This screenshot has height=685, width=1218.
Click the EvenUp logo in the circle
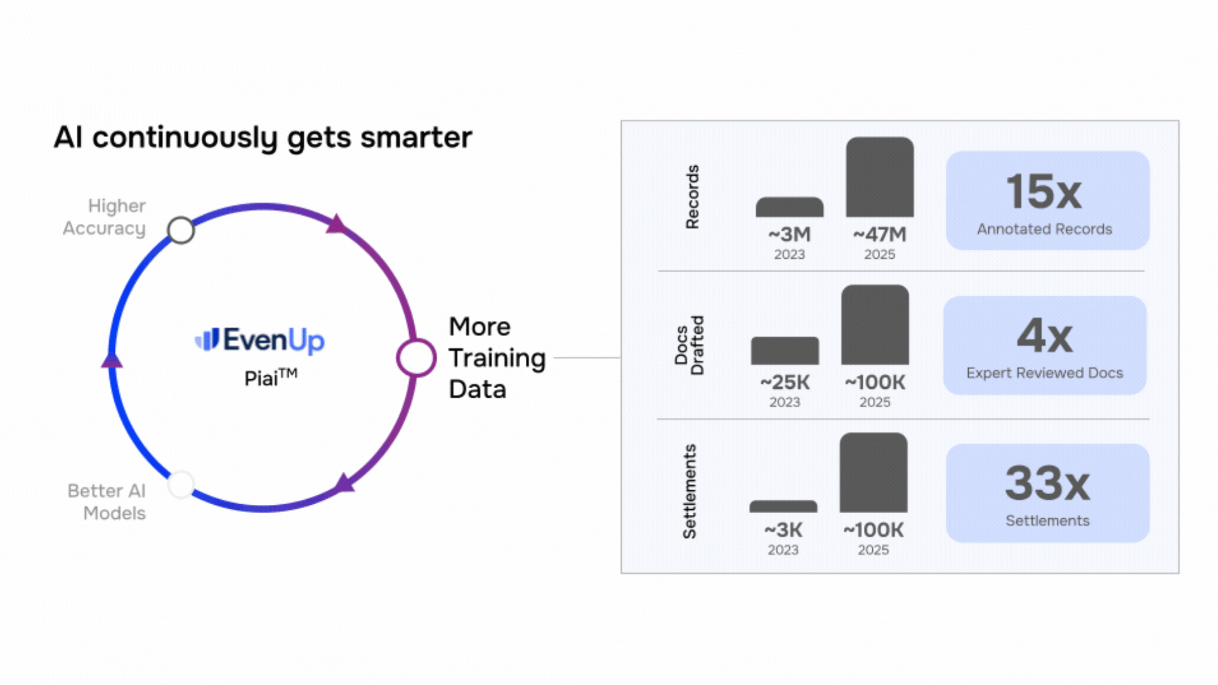click(259, 340)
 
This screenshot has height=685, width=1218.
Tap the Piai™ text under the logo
click(270, 377)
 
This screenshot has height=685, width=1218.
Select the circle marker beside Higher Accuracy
click(181, 230)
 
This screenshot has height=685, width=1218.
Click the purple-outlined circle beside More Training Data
click(416, 358)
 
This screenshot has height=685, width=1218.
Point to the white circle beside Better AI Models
click(181, 485)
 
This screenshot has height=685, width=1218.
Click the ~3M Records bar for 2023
click(789, 207)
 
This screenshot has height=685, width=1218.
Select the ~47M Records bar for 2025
click(880, 178)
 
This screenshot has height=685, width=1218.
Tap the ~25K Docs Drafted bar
click(785, 351)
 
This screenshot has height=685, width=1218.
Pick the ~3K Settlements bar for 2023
click(783, 506)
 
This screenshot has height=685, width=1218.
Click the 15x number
click(1044, 192)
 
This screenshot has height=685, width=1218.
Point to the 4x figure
click(1045, 336)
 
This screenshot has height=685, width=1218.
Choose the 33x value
click(1047, 483)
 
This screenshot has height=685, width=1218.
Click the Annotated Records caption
click(1044, 229)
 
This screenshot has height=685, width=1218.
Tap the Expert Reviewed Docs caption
click(1044, 373)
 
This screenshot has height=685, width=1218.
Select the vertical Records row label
click(692, 197)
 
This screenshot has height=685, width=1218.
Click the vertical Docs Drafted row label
click(689, 345)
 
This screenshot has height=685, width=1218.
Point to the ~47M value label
click(880, 235)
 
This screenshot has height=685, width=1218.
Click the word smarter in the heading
click(416, 137)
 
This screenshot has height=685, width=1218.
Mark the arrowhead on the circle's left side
click(112, 360)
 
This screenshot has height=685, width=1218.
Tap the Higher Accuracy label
click(105, 217)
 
